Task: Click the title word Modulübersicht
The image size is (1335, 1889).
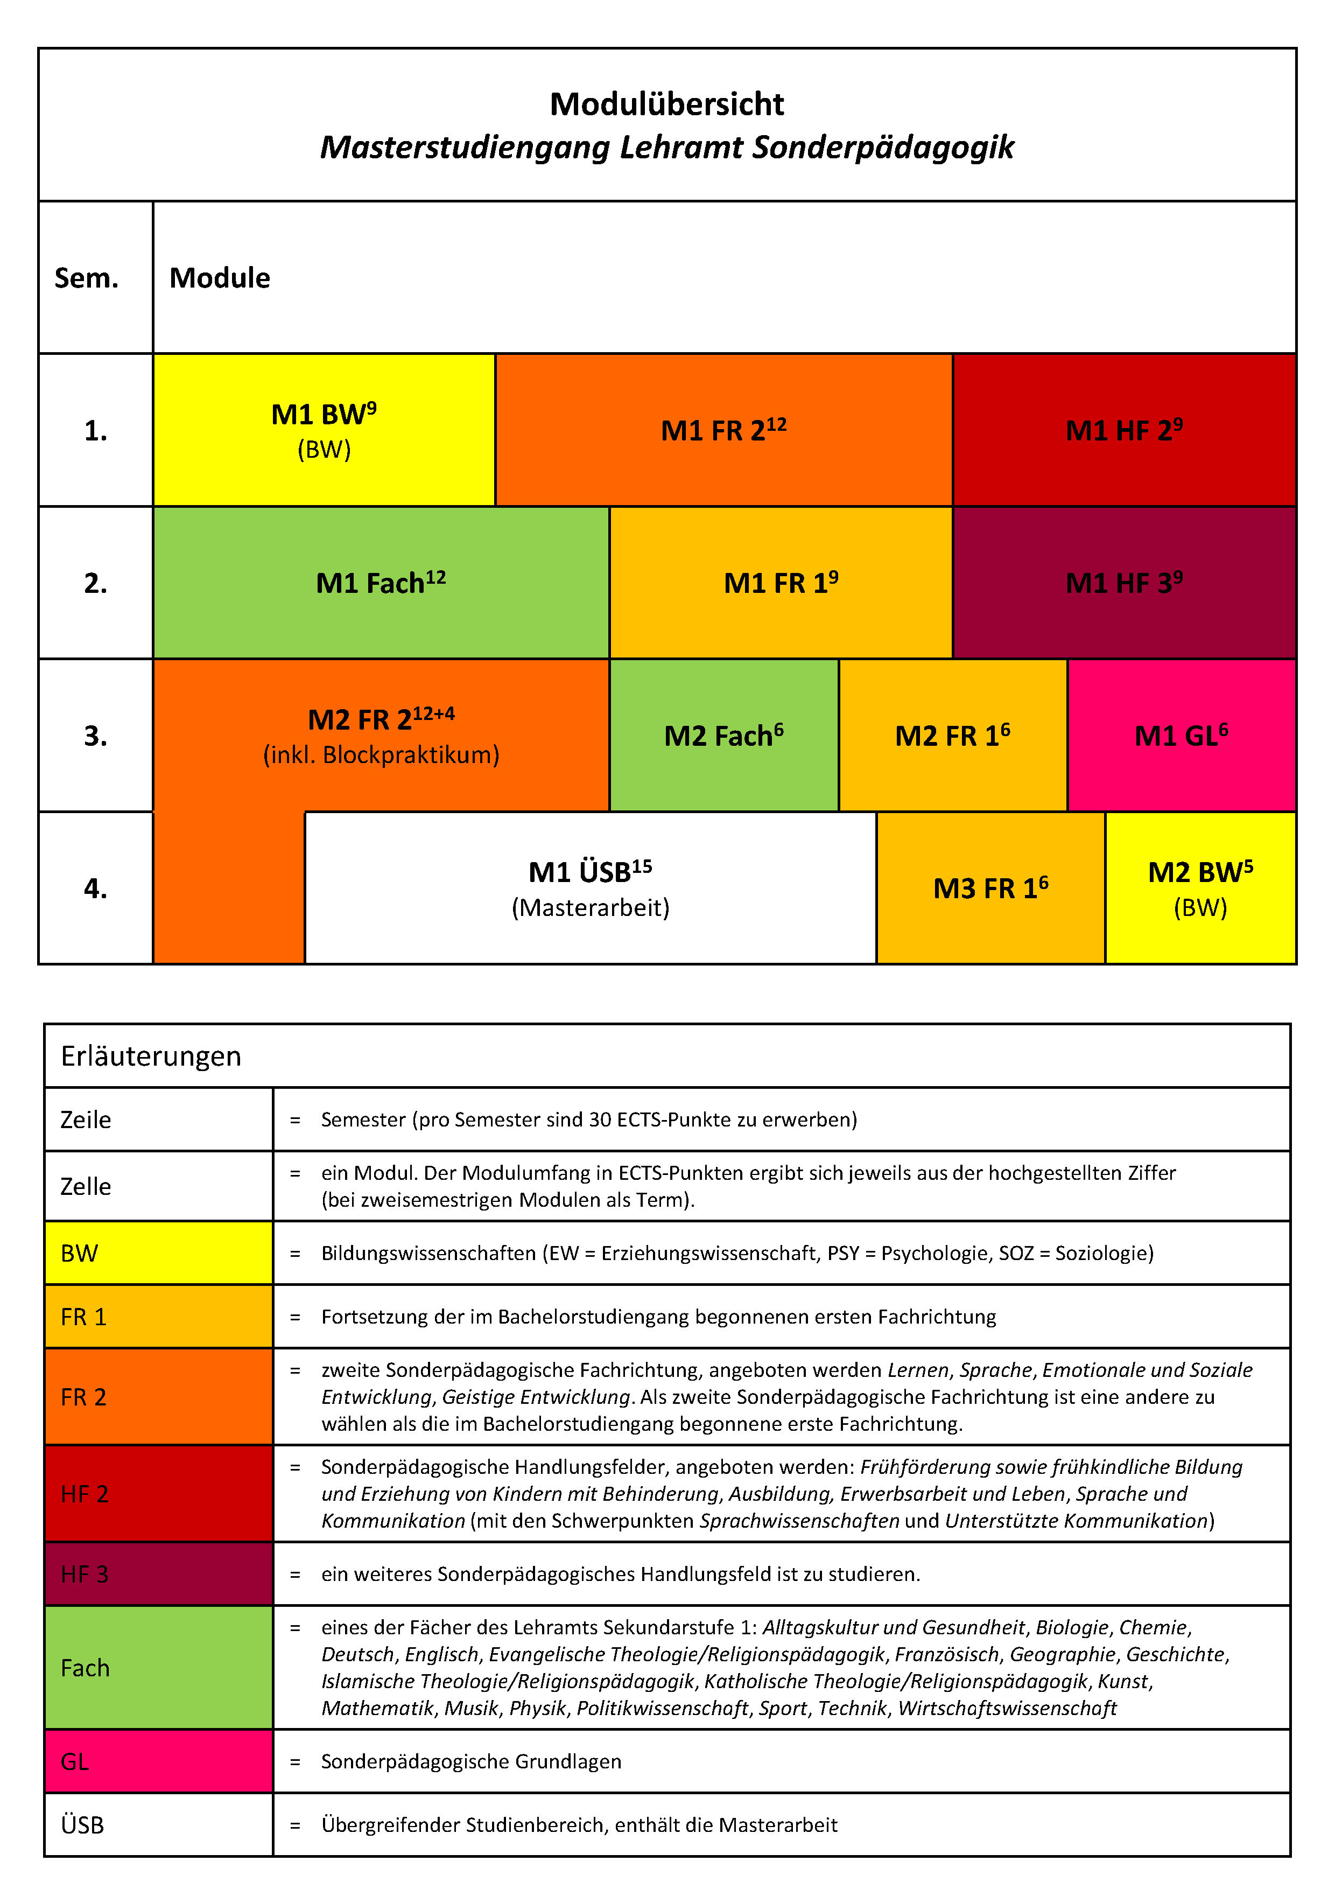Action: click(x=666, y=104)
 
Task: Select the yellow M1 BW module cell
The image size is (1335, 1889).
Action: click(x=324, y=430)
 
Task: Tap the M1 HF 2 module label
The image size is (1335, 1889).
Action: click(x=1123, y=430)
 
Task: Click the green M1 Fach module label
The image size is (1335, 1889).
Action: click(x=381, y=583)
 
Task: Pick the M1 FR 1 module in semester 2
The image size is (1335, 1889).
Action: click(x=781, y=583)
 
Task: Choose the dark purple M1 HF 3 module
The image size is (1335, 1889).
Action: click(x=1123, y=583)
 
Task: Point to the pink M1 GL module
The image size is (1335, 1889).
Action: click(x=1181, y=734)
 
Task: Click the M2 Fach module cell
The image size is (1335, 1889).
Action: click(x=724, y=734)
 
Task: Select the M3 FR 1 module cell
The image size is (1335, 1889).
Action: click(x=990, y=888)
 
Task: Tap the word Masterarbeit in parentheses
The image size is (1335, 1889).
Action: click(x=591, y=907)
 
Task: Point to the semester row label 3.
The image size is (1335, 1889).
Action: click(x=95, y=734)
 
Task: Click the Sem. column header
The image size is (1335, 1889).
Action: click(x=86, y=278)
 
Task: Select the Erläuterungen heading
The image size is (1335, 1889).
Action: click(x=151, y=1055)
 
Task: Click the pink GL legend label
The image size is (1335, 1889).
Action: click(x=75, y=1761)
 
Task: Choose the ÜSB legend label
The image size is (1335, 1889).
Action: click(x=82, y=1825)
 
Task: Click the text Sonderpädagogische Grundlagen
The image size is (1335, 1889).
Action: click(x=472, y=1761)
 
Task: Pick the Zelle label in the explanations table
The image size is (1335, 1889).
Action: click(x=86, y=1186)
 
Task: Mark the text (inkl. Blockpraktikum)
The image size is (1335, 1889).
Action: click(x=381, y=754)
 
